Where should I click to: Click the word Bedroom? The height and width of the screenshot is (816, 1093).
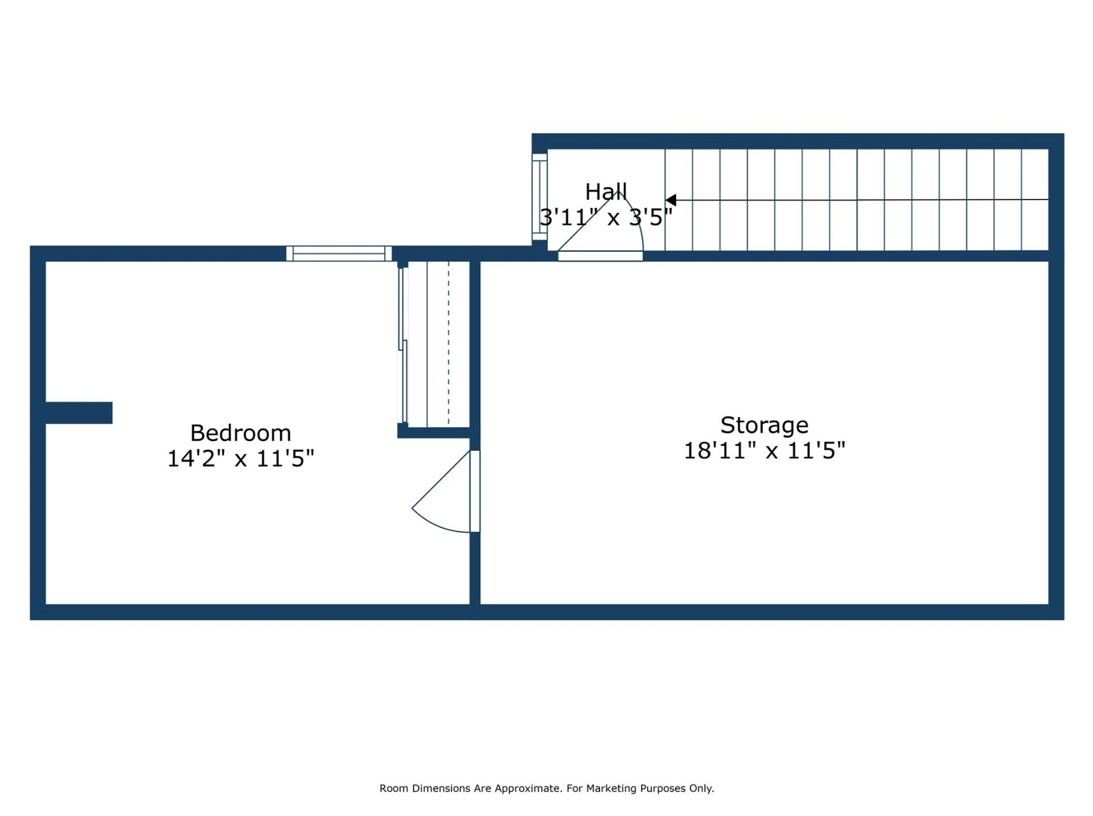tap(240, 433)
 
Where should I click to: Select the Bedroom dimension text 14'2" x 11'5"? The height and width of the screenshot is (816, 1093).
tap(240, 459)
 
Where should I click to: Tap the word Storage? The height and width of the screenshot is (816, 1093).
tap(764, 425)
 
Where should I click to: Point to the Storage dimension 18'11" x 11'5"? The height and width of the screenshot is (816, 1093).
tap(764, 450)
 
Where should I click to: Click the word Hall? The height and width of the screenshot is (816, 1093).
tap(606, 192)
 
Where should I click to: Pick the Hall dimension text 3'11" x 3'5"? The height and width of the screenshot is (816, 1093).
tap(606, 217)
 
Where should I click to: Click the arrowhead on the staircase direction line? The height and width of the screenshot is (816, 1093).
tap(671, 199)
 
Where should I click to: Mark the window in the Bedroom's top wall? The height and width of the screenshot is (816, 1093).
tap(339, 253)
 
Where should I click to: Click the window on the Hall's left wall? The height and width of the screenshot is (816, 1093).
tap(539, 197)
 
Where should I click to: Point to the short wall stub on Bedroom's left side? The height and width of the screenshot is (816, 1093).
tap(79, 413)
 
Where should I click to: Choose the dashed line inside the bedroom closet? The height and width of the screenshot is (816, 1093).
tap(448, 344)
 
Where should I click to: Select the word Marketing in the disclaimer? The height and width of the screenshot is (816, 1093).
tap(611, 788)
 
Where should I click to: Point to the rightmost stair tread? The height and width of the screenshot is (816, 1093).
tap(1035, 199)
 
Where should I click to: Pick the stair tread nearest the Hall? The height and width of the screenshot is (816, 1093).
tap(678, 199)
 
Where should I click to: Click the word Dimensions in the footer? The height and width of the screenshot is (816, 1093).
tap(440, 788)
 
